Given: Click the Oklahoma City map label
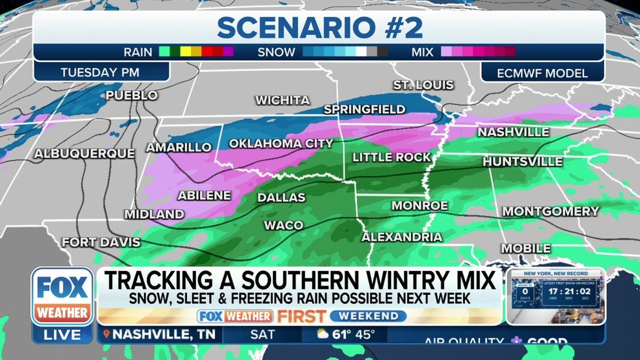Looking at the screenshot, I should pyautogui.click(x=281, y=143).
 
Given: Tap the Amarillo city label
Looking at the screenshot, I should pyautogui.click(x=179, y=147).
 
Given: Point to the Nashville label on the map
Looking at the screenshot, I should pyautogui.click(x=513, y=132).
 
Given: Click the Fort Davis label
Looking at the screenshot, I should pyautogui.click(x=101, y=243).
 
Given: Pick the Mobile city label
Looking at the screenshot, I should pyautogui.click(x=526, y=248).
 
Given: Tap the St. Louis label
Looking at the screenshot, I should pyautogui.click(x=423, y=85).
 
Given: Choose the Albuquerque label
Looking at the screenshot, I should pyautogui.click(x=85, y=154).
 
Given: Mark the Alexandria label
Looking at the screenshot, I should pyautogui.click(x=402, y=237).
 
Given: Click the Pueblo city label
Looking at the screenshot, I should pyautogui.click(x=132, y=95).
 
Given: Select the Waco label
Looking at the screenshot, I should pyautogui.click(x=283, y=225).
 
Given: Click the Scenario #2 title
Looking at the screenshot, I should pyautogui.click(x=319, y=28).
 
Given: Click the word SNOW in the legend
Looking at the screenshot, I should pyautogui.click(x=278, y=52).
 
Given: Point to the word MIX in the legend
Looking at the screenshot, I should pyautogui.click(x=423, y=52).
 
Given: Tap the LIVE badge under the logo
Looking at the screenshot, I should pyautogui.click(x=63, y=335).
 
